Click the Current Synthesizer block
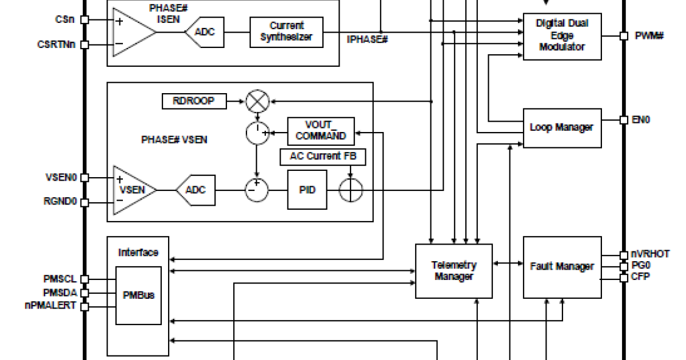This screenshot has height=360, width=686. click(x=286, y=32)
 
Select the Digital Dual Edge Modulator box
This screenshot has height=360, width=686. click(x=562, y=36)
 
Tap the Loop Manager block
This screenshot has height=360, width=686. click(x=562, y=127)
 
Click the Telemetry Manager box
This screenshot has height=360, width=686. click(x=453, y=271)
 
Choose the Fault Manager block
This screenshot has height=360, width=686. click(x=562, y=266)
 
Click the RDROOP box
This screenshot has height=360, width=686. click(x=194, y=101)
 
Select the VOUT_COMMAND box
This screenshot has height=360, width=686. click(x=321, y=131)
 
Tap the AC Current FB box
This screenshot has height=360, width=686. click(x=322, y=156)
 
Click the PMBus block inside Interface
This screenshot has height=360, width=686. click(x=138, y=295)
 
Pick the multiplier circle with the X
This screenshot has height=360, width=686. click(x=257, y=102)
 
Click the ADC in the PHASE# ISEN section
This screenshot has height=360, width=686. click(x=204, y=32)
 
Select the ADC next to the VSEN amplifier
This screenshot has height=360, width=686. click(x=196, y=190)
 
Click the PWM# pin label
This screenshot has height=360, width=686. click(x=649, y=36)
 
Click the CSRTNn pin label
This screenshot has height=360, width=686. click(x=57, y=44)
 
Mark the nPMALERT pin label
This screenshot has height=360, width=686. click(x=50, y=306)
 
